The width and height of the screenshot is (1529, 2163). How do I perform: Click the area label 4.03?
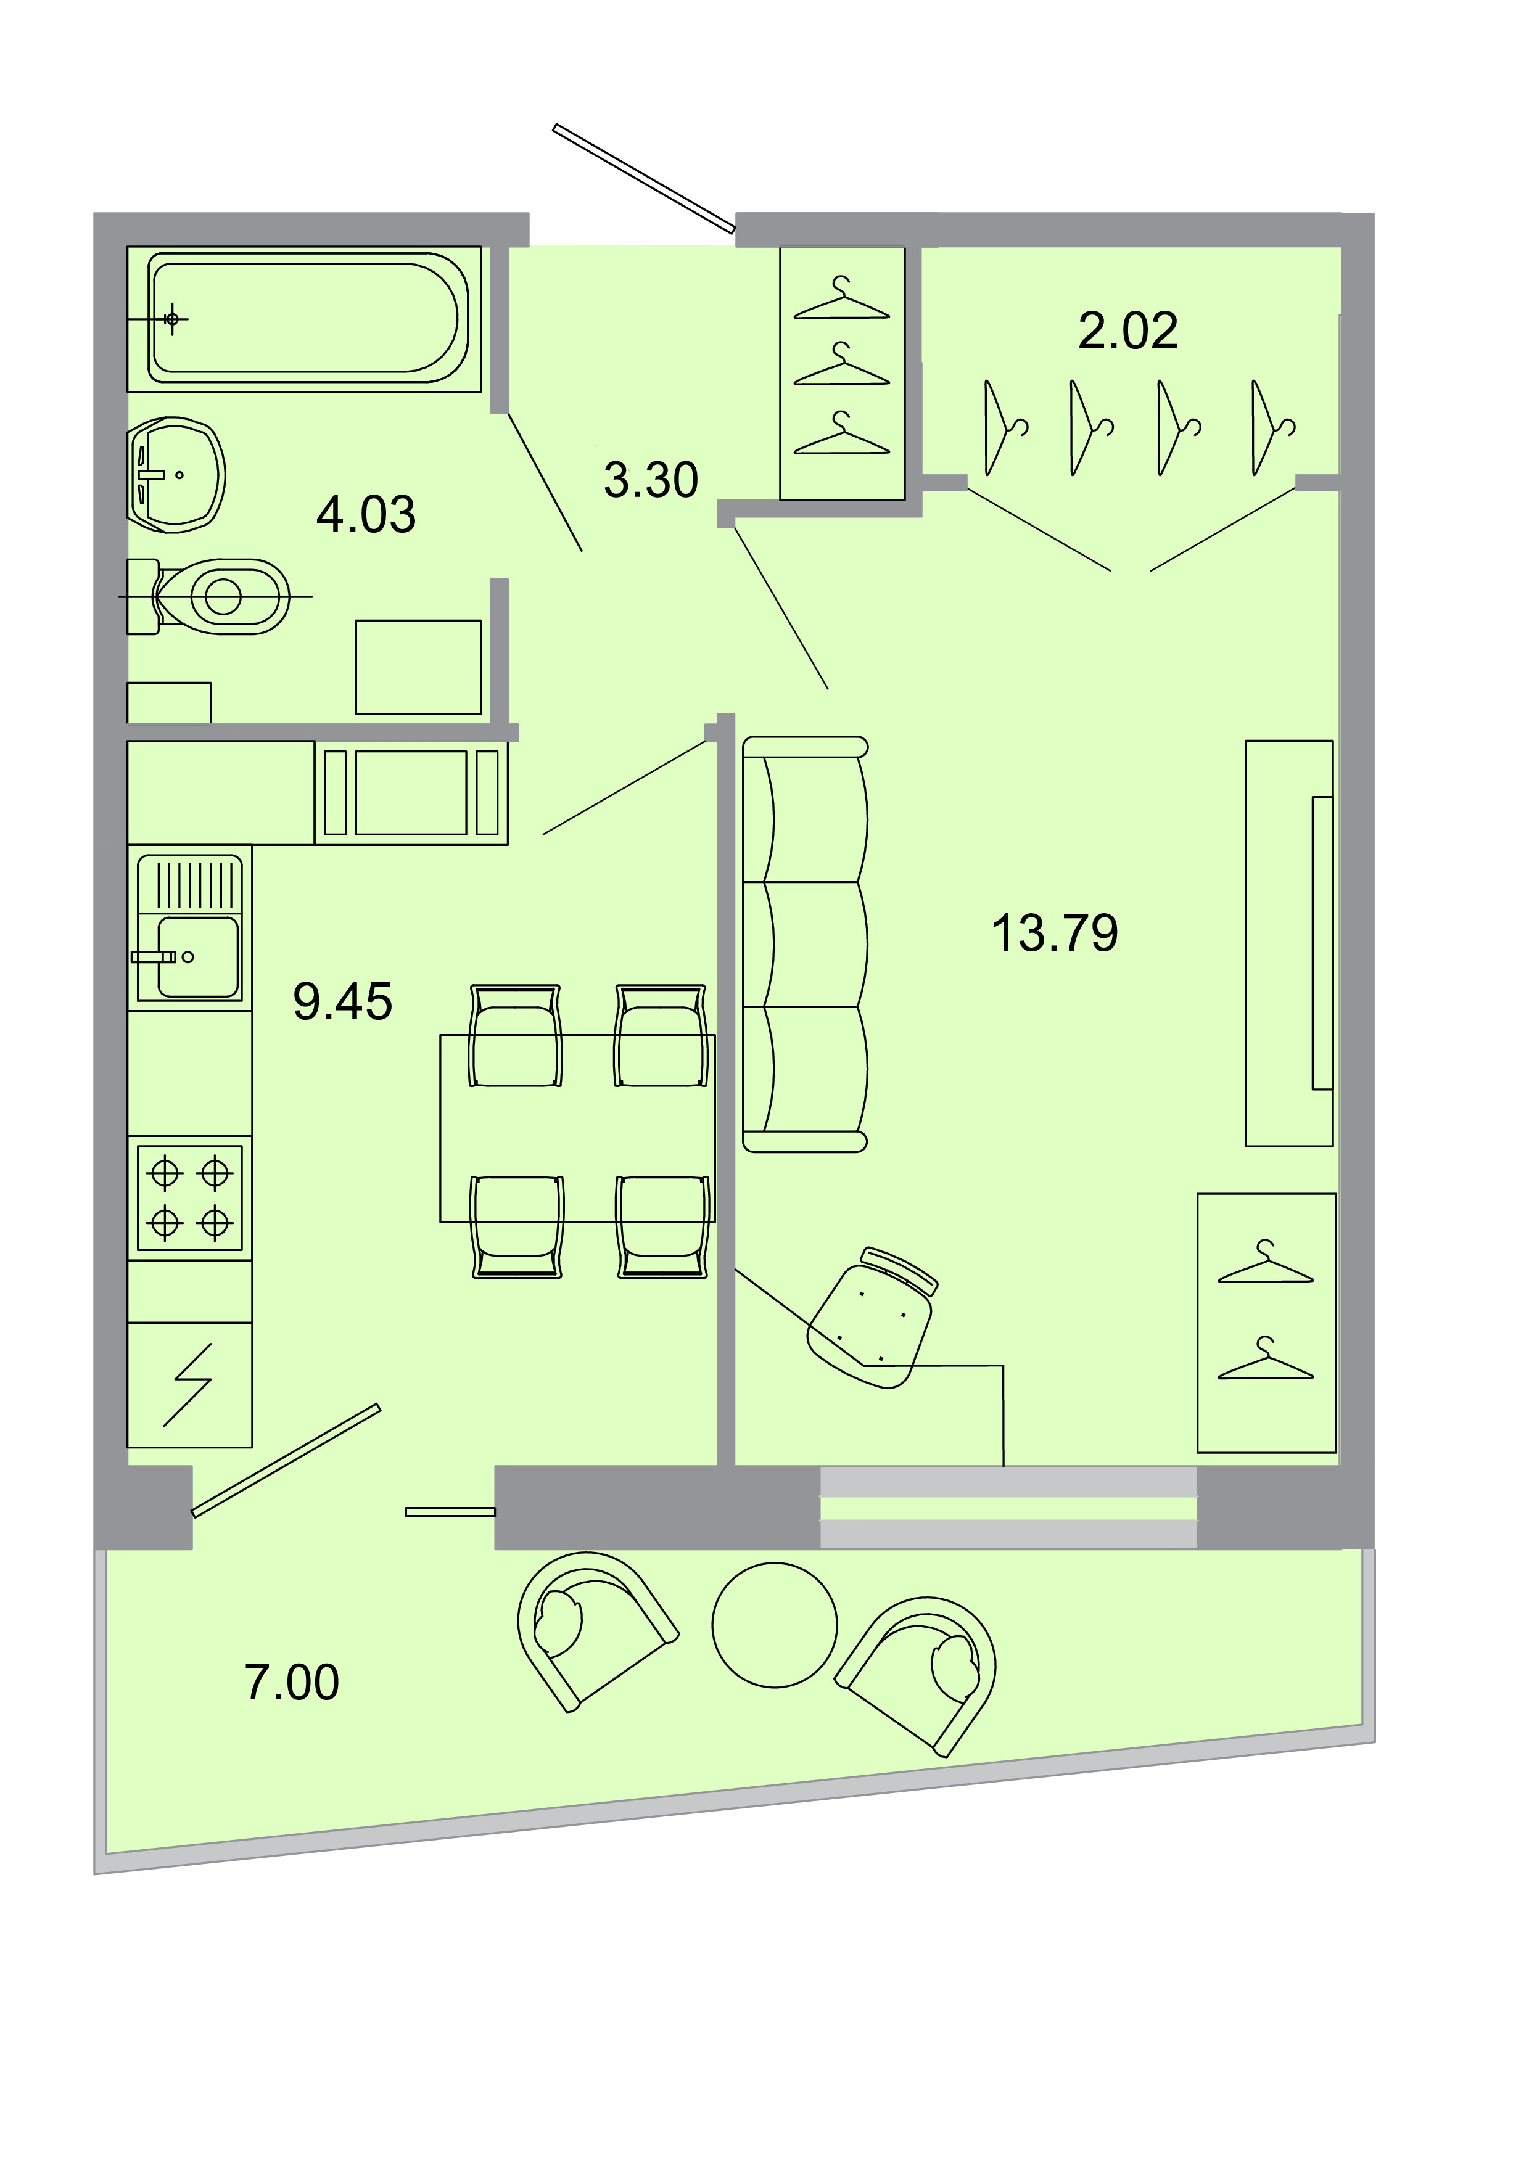point(366,514)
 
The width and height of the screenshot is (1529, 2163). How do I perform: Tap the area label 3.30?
point(651,480)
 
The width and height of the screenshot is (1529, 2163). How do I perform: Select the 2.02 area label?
point(1127,330)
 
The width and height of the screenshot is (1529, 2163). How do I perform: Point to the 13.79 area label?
point(1055,933)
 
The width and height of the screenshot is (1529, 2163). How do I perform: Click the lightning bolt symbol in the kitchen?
point(188,1385)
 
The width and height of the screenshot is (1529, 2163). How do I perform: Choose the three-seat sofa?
point(806,944)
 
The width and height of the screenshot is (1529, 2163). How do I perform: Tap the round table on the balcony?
point(775,1625)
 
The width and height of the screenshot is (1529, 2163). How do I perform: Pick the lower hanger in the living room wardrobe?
point(1266,1358)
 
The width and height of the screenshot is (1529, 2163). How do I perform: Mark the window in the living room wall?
point(1008,1508)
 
